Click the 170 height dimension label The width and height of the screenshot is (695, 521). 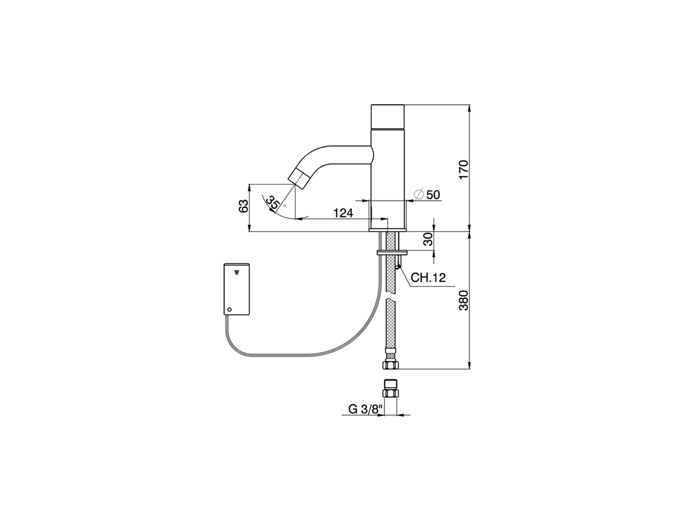(x=463, y=169)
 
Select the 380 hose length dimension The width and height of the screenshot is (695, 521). (x=463, y=300)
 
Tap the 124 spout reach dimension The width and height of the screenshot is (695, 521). (x=343, y=213)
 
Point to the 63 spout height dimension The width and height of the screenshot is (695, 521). (x=244, y=206)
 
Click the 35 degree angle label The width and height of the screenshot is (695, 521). (x=273, y=202)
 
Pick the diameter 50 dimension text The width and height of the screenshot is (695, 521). (x=433, y=194)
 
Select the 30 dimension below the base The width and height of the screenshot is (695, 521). (x=428, y=239)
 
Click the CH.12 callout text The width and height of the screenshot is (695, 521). (x=428, y=278)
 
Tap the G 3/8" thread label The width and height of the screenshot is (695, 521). (x=365, y=409)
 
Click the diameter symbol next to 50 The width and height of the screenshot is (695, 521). (x=419, y=194)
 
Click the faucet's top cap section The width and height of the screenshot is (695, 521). (x=387, y=116)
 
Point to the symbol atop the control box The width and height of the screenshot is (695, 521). (x=237, y=270)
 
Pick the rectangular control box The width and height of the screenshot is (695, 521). (x=236, y=289)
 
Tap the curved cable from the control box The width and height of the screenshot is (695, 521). (x=304, y=353)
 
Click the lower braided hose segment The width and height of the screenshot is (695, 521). (x=391, y=326)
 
